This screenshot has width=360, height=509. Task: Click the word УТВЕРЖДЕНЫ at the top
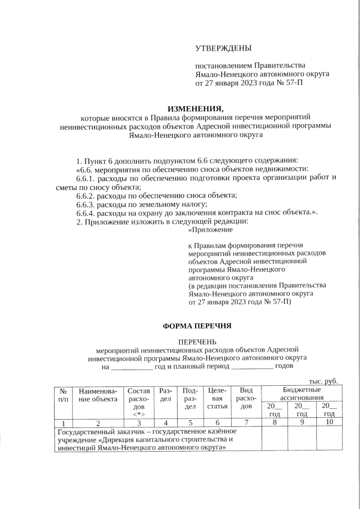pos(224,49)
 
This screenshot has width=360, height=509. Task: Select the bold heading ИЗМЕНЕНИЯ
pos(196,109)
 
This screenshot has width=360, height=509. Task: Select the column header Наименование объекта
pos(98,395)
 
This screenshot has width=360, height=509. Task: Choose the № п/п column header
pos(64,395)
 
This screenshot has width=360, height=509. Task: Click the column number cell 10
pos(330,422)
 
